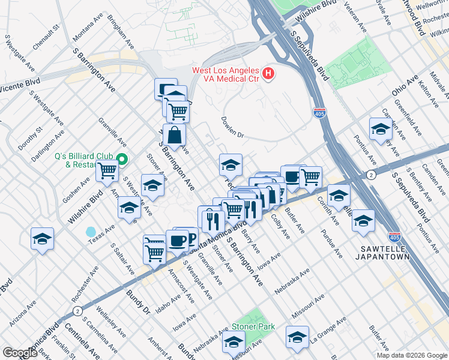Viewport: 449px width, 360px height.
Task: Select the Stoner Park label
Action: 253,327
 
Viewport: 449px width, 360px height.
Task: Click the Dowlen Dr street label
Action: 232,127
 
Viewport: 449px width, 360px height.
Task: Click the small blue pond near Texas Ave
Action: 91,232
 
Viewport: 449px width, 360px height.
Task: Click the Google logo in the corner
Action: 20,353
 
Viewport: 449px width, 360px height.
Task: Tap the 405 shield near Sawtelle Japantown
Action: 394,238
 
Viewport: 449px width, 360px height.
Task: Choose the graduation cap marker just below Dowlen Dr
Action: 231,164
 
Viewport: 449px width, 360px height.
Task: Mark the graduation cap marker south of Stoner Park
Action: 234,342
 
